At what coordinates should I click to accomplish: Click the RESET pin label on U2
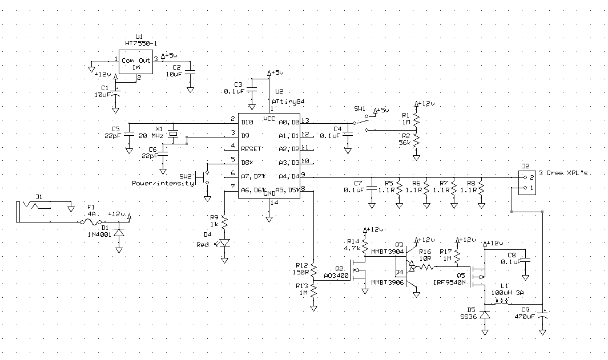[251, 148]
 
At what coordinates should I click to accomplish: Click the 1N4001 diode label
[98, 234]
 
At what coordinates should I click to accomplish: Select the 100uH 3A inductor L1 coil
[502, 303]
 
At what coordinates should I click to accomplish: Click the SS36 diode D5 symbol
[485, 314]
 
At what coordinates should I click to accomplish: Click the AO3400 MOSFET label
[336, 275]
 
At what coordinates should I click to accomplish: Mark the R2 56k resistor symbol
[417, 140]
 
